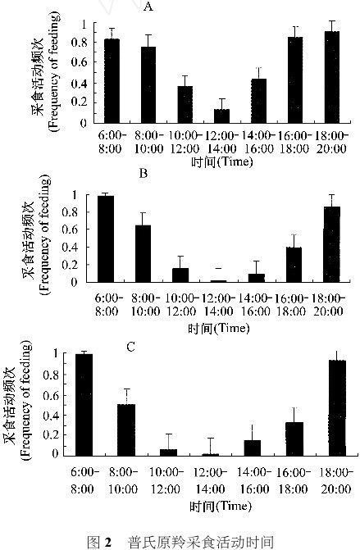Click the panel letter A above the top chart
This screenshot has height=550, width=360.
[148, 7]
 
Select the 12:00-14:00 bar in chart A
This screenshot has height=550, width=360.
[221, 116]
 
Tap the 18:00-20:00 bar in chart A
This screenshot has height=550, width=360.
[332, 77]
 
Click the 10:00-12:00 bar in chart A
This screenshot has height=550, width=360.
[185, 105]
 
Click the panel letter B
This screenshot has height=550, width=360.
[144, 174]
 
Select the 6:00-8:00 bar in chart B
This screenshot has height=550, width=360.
[106, 239]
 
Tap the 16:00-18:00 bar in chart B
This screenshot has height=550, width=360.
[294, 265]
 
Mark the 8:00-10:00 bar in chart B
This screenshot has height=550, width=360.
[144, 253]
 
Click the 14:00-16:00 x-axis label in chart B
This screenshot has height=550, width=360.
[254, 304]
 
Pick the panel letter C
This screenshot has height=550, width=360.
[130, 347]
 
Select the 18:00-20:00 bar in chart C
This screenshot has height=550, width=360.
[337, 408]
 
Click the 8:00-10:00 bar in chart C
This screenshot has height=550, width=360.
[126, 430]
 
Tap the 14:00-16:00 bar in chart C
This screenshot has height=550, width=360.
[253, 448]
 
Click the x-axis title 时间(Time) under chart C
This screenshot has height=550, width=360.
[221, 507]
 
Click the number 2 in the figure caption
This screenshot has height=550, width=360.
[108, 543]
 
